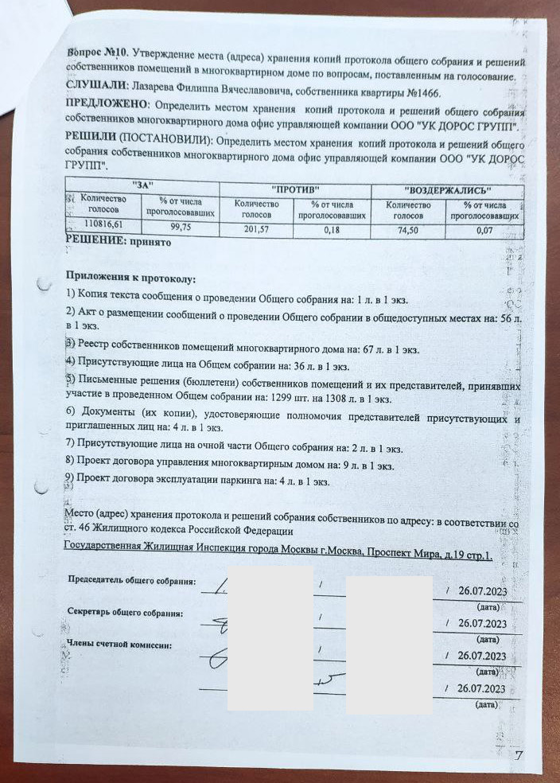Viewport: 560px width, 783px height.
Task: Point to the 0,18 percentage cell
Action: [332, 231]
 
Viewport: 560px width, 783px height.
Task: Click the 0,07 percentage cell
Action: [484, 232]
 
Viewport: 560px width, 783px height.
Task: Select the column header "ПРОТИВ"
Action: [295, 189]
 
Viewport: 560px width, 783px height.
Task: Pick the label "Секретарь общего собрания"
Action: [126, 614]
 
